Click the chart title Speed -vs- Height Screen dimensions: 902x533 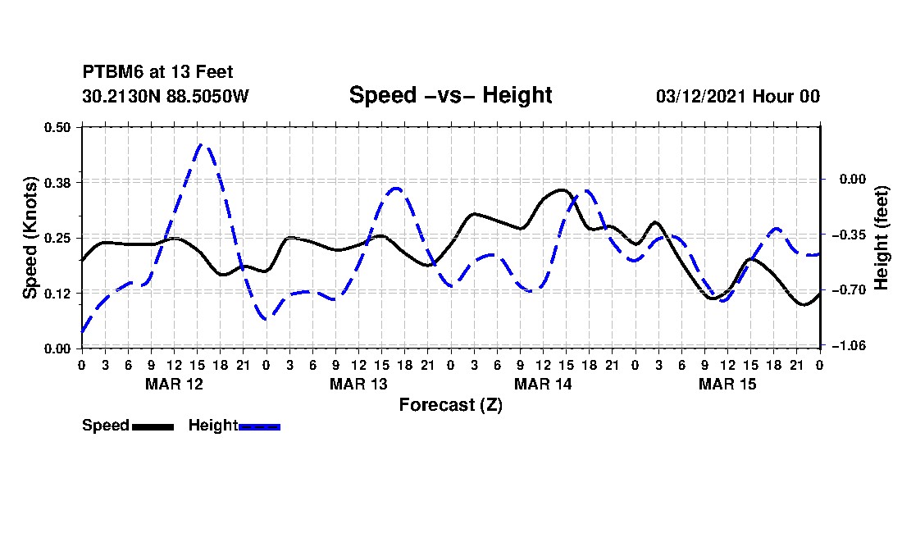pos(450,95)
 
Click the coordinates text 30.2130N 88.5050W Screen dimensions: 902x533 pos(166,96)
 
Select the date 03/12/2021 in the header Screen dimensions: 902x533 pos(701,96)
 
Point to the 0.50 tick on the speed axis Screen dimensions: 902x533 pos(57,127)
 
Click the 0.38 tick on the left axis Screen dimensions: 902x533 pos(57,183)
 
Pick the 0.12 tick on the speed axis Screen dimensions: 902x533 pos(57,294)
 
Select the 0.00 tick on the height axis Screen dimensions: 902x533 pos(853,180)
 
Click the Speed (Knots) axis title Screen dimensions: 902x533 pos(30,238)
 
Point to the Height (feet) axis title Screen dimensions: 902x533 pos(881,238)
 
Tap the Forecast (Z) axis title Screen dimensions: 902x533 pos(450,405)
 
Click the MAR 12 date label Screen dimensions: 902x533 pos(175,384)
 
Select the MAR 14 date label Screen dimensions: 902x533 pos(543,384)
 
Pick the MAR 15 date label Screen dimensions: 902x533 pos(727,384)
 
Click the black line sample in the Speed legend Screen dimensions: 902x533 pos(153,426)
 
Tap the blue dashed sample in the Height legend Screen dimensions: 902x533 pos(259,426)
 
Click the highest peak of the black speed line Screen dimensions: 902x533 pos(562,189)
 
